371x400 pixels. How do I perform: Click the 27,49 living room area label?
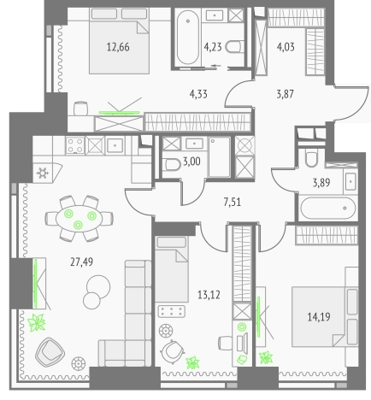81,262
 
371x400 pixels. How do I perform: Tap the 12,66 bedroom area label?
118,47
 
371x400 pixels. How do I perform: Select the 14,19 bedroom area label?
319,316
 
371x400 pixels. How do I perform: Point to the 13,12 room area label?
209,295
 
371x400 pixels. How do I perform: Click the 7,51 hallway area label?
233,202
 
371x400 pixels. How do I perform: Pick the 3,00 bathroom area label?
191,162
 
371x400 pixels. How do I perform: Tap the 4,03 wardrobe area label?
286,47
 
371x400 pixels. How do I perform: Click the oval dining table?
79,219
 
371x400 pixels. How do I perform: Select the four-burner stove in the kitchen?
75,145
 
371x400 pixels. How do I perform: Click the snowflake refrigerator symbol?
43,173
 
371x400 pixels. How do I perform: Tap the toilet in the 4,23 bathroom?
235,47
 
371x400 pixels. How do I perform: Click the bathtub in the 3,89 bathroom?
328,208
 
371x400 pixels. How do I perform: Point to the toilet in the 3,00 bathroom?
173,165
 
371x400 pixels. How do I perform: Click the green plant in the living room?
37,322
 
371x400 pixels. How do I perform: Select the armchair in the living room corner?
50,352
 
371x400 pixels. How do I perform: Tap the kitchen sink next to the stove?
115,145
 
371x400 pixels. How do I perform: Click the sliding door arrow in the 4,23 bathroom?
216,66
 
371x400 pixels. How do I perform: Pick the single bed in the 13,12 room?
172,269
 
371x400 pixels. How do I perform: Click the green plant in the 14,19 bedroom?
266,357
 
